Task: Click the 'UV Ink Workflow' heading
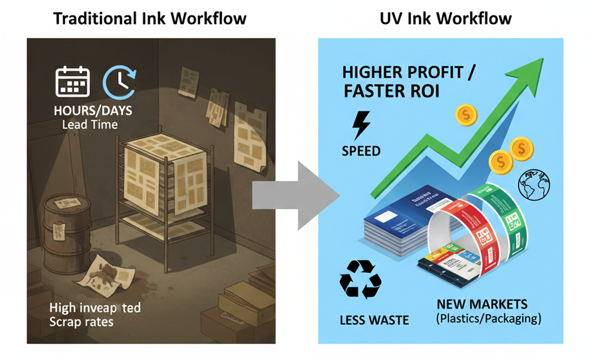445,18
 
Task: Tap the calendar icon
72,81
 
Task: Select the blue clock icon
119,81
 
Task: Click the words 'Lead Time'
90,125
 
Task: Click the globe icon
534,184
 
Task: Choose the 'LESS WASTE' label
374,320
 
